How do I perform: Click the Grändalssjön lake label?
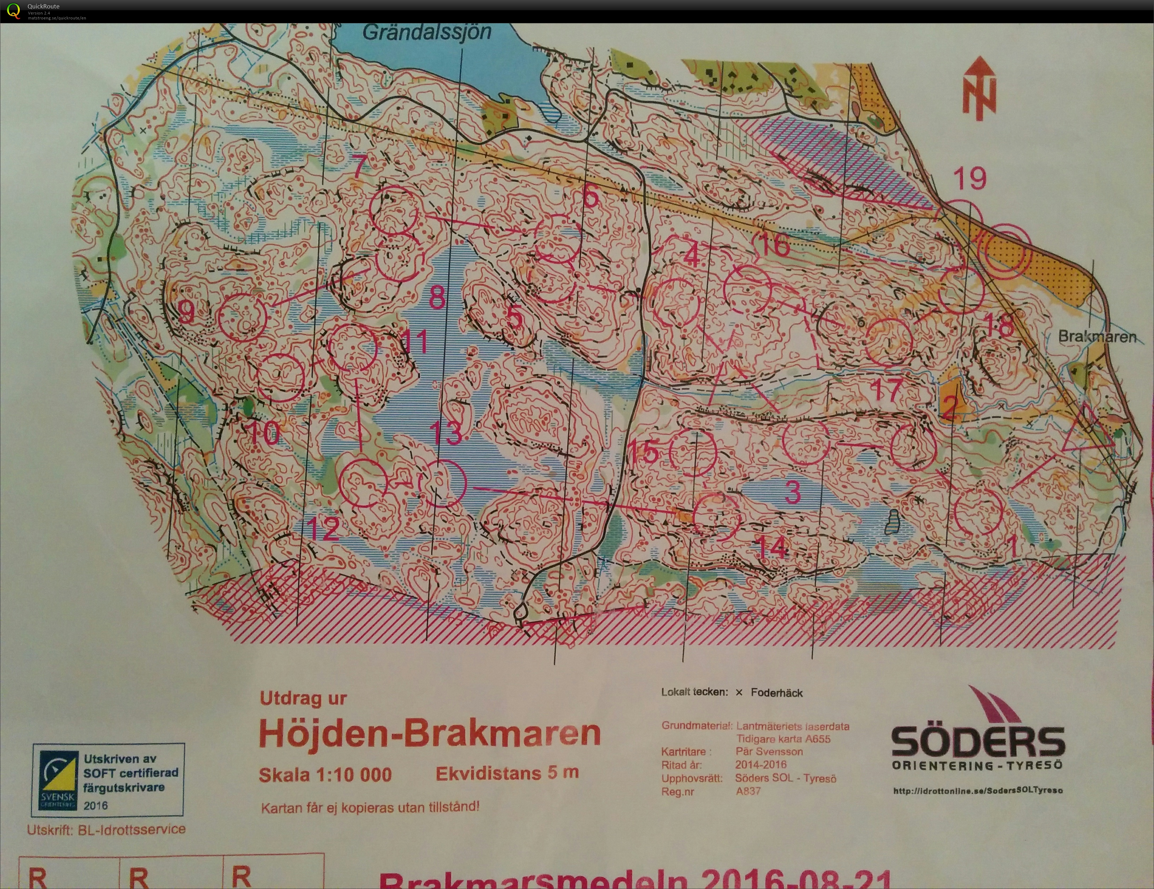427,33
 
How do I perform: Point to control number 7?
359,166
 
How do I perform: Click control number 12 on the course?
323,528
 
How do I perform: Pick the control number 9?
186,312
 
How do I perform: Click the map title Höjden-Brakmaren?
430,732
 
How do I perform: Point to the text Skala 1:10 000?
325,775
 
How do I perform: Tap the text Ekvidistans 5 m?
507,773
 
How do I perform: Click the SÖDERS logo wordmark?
978,742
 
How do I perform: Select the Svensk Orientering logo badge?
58,780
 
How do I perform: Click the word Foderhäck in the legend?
776,693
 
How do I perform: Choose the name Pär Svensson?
769,751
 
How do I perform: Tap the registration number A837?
748,791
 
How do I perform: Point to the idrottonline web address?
978,791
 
